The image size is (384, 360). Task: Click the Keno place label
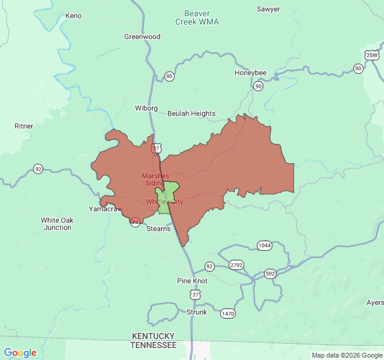(x=73, y=16)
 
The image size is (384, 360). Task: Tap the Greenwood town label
(x=142, y=37)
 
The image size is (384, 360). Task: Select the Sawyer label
(x=268, y=9)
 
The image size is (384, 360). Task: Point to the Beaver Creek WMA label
(x=197, y=17)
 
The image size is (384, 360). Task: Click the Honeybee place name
(x=250, y=73)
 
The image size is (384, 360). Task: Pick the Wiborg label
(x=146, y=108)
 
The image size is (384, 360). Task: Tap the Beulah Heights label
(x=191, y=113)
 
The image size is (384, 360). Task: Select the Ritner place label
(x=24, y=126)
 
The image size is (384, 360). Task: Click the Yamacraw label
(x=106, y=209)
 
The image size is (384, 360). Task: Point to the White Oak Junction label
(x=58, y=224)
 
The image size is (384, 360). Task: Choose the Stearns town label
(x=158, y=229)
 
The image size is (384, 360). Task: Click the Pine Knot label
(x=192, y=281)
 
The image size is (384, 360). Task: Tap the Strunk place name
(x=197, y=312)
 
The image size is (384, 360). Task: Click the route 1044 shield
(x=264, y=245)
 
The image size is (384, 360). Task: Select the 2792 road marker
(x=236, y=265)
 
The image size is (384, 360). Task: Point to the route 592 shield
(x=270, y=274)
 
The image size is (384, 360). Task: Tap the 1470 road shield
(x=228, y=313)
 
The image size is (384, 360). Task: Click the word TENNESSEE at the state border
(x=154, y=346)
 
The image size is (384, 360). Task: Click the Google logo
(x=20, y=353)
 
